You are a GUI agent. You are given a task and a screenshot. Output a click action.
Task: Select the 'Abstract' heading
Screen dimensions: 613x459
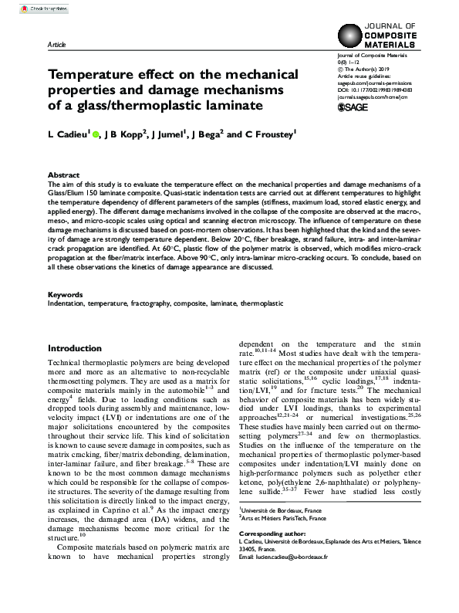(x=62, y=176)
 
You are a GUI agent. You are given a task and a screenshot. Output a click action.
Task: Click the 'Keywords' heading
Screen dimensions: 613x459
(x=65, y=295)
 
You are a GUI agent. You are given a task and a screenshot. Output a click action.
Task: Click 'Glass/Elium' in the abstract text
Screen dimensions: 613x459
(x=67, y=193)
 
